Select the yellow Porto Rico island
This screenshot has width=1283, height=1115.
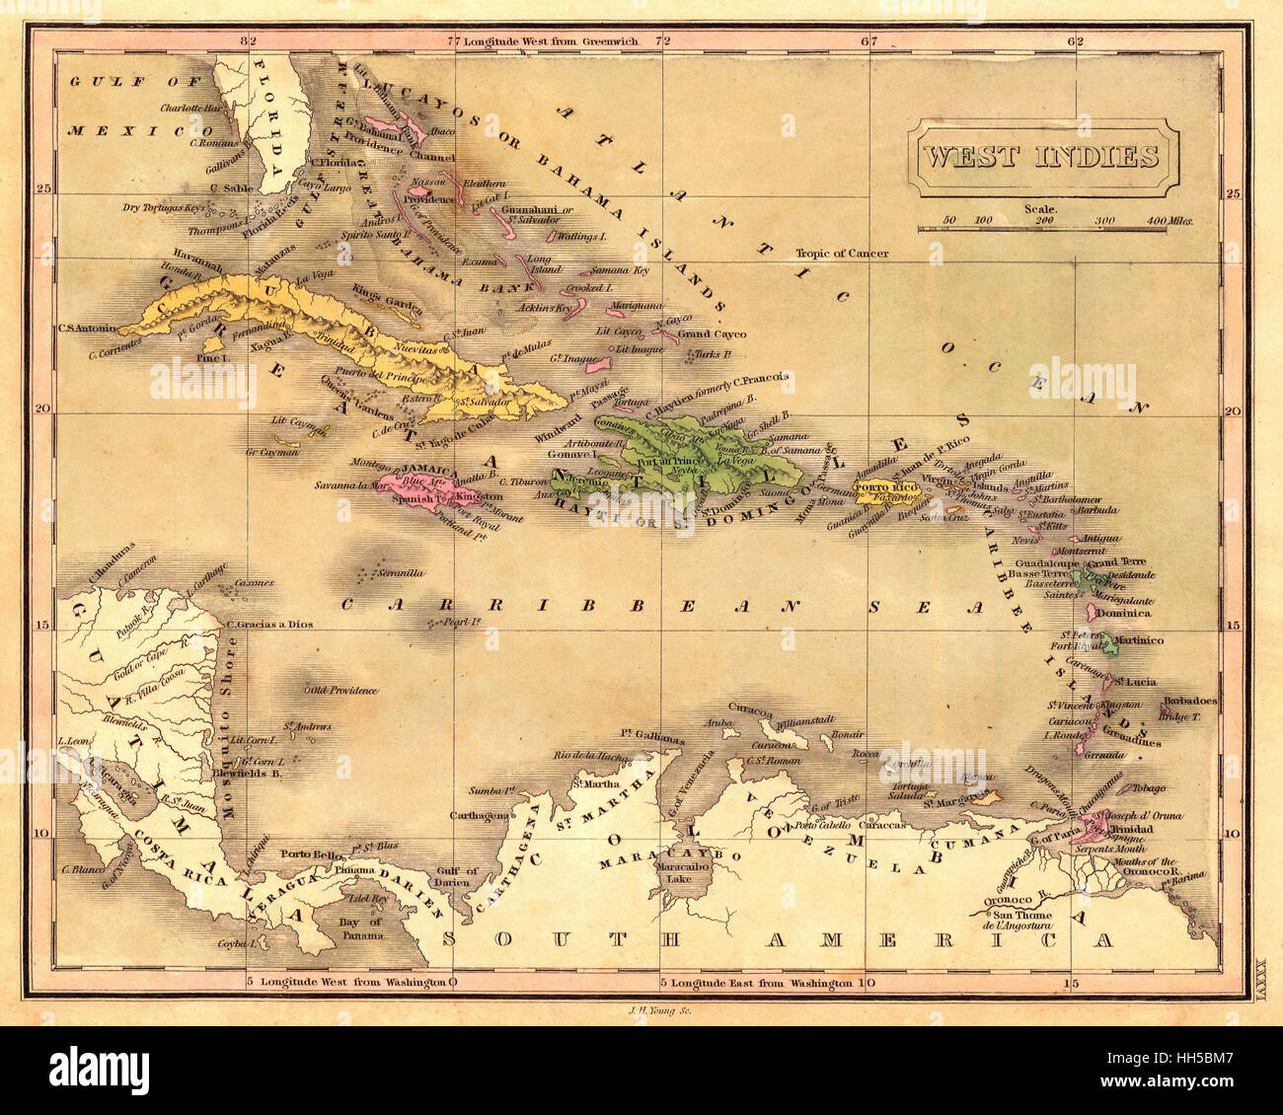pos(881,491)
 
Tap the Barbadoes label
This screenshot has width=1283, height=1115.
pos(1189,701)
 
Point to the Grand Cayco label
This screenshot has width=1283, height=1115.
pos(712,334)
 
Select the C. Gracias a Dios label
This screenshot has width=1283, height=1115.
pos(269,625)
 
